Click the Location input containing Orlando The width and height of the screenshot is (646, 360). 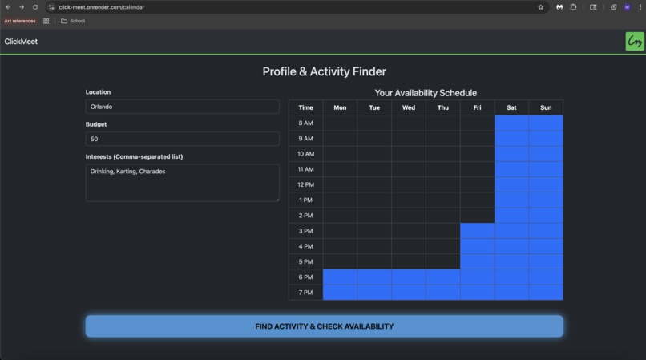[x=182, y=106]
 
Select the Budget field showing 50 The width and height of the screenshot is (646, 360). [x=182, y=139]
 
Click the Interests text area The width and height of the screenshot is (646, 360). [x=182, y=182]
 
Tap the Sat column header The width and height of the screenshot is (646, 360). [x=511, y=107]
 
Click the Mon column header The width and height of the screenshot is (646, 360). [x=340, y=107]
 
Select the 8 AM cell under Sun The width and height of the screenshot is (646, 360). [x=546, y=123]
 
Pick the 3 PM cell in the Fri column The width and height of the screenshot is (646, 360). [x=477, y=231]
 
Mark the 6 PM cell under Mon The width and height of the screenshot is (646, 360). [x=340, y=277]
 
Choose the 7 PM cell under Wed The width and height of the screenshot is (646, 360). [x=409, y=293]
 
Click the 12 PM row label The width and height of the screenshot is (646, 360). [x=305, y=184]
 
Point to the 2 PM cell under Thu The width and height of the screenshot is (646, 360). [x=442, y=216]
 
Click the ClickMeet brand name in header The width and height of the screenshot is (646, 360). [x=21, y=42]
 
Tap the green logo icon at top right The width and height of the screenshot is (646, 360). [x=635, y=42]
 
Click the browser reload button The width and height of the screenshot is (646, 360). [x=35, y=7]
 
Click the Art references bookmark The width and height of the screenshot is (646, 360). [x=20, y=21]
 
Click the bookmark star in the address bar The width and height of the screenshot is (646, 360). [x=540, y=7]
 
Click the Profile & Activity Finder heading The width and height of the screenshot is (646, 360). [x=324, y=71]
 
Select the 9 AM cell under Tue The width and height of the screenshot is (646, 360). [x=374, y=138]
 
